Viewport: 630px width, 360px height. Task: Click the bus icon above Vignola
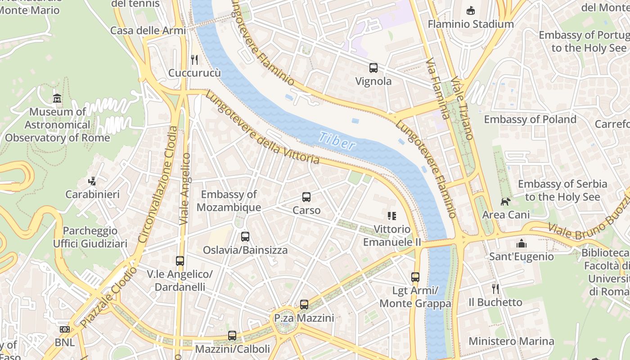coord(373,68)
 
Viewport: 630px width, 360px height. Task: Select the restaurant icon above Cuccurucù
coord(194,59)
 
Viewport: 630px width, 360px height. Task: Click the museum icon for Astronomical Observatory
coord(57,98)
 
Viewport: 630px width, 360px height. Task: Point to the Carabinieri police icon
coord(92,181)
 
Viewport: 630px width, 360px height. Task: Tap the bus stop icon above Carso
coord(306,197)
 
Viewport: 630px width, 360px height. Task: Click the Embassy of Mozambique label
coord(229,201)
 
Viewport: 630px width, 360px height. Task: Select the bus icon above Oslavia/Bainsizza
coord(245,236)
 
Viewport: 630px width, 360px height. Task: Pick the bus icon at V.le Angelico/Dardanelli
coord(180,261)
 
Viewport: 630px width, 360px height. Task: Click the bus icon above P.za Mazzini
coord(304,305)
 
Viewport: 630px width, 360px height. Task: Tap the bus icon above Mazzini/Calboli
coord(232,335)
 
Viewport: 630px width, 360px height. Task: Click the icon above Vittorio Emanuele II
coord(392,216)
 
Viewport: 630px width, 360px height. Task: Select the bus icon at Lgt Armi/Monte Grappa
coord(415,277)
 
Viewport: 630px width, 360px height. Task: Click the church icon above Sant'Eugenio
coord(522,243)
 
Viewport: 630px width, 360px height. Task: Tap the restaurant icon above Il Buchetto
coord(495,288)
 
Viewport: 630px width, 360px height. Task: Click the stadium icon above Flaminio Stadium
coord(471,10)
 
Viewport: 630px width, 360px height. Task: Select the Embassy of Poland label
coord(530,119)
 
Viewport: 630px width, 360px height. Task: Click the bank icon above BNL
coord(65,329)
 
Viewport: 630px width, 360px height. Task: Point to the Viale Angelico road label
coord(185,189)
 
